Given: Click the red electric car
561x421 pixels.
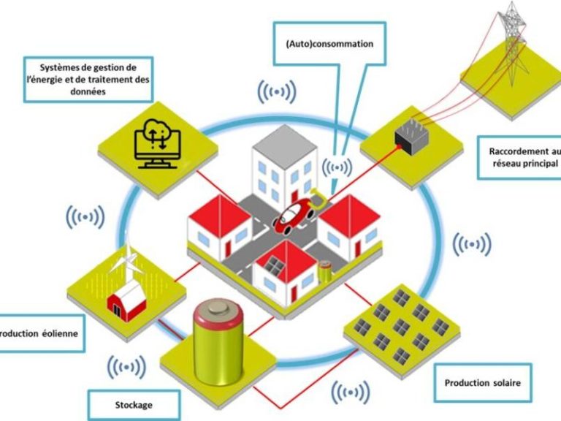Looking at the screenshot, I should point(294,212).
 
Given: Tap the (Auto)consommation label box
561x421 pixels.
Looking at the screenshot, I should point(329,44).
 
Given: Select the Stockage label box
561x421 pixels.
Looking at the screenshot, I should point(134,403).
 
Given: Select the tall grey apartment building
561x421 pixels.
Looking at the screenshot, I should point(283,164).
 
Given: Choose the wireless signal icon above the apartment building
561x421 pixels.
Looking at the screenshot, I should point(277,92).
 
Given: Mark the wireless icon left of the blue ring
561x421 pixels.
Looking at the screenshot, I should point(85,216).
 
